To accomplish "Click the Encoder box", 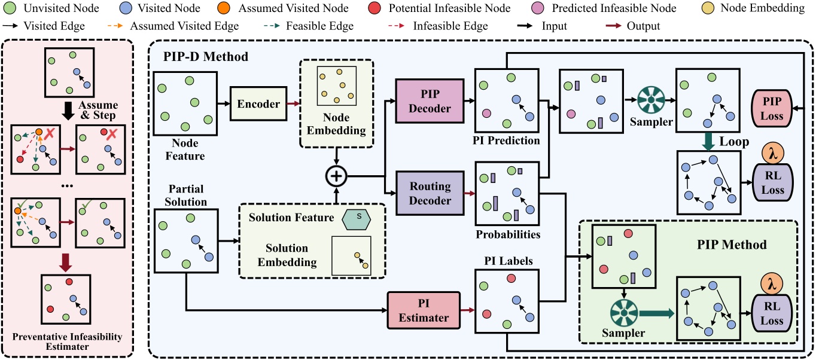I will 258,103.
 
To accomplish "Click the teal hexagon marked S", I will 358,218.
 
